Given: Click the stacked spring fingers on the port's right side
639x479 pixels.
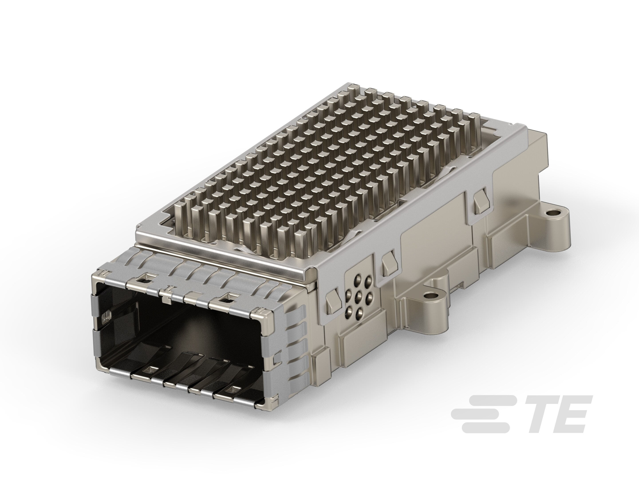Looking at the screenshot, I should (x=292, y=338).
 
